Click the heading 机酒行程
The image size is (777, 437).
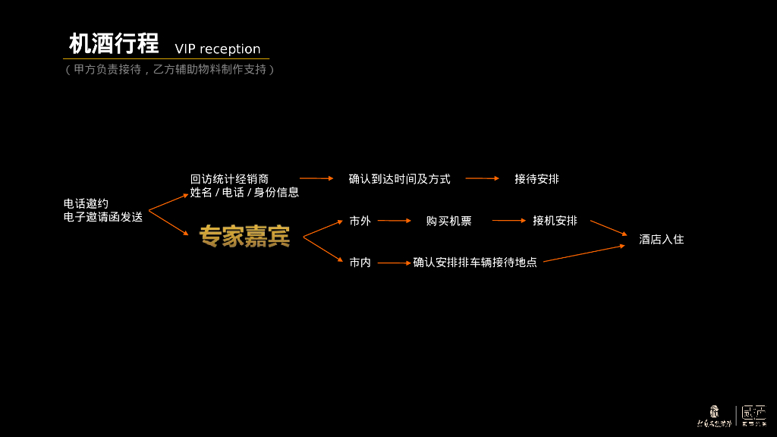pos(114,44)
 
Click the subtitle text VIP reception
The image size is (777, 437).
pos(218,49)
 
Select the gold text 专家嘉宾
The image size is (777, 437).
pos(244,237)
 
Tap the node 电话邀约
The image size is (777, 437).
pos(86,203)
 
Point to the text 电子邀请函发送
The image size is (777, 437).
pos(103,217)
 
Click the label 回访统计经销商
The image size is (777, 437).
pos(229,179)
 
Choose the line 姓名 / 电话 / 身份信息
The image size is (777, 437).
pos(244,193)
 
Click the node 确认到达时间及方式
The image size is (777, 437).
pos(399,179)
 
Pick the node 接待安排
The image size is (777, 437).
pos(536,179)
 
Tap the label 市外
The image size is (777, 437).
pos(360,221)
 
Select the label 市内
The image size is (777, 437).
pos(360,263)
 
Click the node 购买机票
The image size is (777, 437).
pos(448,221)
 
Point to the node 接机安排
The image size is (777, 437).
pos(555,221)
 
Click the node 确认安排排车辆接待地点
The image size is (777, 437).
pos(475,263)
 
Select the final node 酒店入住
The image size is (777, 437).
pos(661,239)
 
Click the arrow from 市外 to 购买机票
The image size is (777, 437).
pos(394,221)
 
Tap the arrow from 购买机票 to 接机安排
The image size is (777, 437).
pos(508,221)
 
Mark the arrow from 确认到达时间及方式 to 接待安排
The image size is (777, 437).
pos(482,178)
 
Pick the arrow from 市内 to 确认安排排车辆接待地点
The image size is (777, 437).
pos(394,263)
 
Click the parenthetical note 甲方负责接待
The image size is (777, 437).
pos(106,69)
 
